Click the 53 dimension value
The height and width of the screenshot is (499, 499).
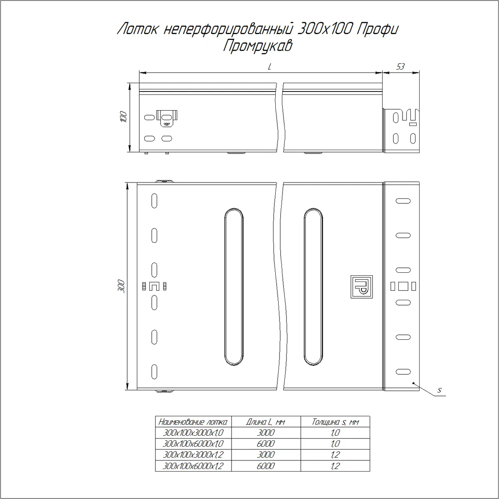pyautogui.click(x=400, y=67)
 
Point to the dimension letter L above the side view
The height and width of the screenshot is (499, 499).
pyautogui.click(x=269, y=67)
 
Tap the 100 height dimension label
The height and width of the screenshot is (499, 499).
pyautogui.click(x=124, y=117)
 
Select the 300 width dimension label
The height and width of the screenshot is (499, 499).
pyautogui.click(x=121, y=286)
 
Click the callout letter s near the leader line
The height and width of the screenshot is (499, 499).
pyautogui.click(x=439, y=390)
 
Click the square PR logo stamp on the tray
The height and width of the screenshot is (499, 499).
pyautogui.click(x=361, y=287)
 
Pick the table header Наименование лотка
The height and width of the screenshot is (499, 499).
pyautogui.click(x=193, y=422)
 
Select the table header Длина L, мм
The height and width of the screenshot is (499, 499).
pyautogui.click(x=265, y=422)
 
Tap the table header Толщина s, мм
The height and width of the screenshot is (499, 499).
pyautogui.click(x=335, y=422)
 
